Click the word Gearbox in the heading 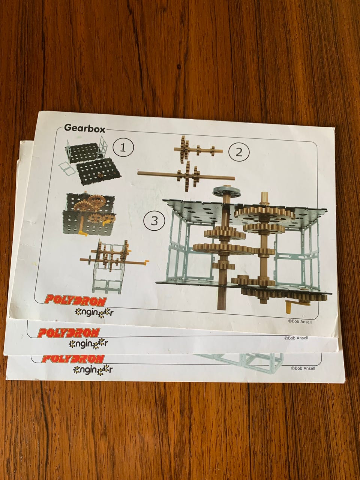pyautogui.click(x=84, y=128)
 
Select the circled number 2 pyautogui.click(x=239, y=152)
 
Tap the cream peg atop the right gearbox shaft pyautogui.click(x=264, y=198)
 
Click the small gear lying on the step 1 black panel pyautogui.click(x=101, y=175)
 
